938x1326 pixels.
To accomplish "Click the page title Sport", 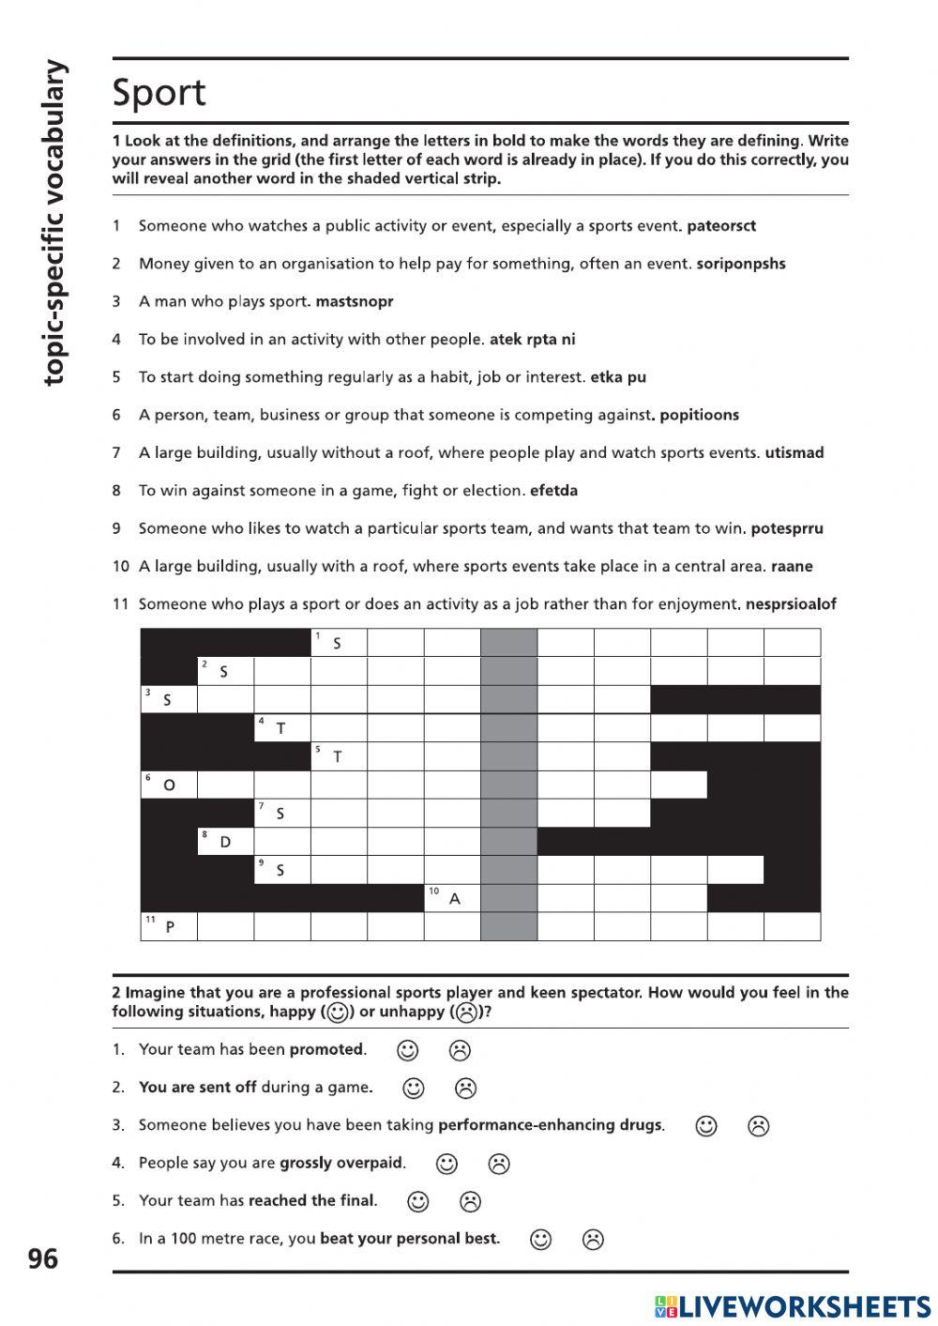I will pos(159,93).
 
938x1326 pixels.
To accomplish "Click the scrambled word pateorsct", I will pos(721,226).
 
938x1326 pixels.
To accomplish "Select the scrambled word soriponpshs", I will pos(741,264).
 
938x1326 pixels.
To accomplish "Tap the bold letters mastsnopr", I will pos(355,301).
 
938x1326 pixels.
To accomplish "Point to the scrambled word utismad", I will pos(794,452).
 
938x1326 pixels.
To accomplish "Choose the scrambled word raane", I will pos(792,566).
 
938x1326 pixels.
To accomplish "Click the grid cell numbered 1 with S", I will pos(339,643).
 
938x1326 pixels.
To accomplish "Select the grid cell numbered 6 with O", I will pos(169,785).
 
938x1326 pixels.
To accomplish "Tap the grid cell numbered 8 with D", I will pos(225,842).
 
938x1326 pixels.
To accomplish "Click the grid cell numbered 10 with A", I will pos(452,898).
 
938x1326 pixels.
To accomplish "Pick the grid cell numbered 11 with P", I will pos(169,926).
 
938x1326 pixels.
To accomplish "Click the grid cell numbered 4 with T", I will pos(281,727).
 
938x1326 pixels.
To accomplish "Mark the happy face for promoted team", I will pos(407,1050).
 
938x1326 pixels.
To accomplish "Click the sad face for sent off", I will pos(465,1088).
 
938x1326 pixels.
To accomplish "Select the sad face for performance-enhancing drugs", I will pos(758,1125).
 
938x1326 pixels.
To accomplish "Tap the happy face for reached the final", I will pos(418,1201).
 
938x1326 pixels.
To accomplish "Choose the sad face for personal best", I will pos(593,1240).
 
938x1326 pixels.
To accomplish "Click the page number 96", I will pos(43,1258).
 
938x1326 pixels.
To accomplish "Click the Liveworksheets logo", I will pos(793,1306).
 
